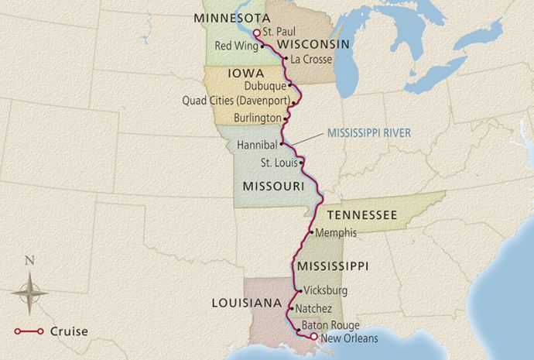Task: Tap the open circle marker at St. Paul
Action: point(256,33)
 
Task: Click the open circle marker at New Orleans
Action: point(313,337)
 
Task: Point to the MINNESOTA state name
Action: point(232,17)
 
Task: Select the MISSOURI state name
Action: point(272,187)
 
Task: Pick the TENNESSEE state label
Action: point(362,214)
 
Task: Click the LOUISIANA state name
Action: point(245,303)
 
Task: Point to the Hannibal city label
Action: point(256,144)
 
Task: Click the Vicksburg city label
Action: point(327,291)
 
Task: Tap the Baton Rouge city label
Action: point(330,325)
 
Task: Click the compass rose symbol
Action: point(29,294)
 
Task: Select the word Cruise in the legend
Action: point(69,331)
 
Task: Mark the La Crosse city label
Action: point(307,59)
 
